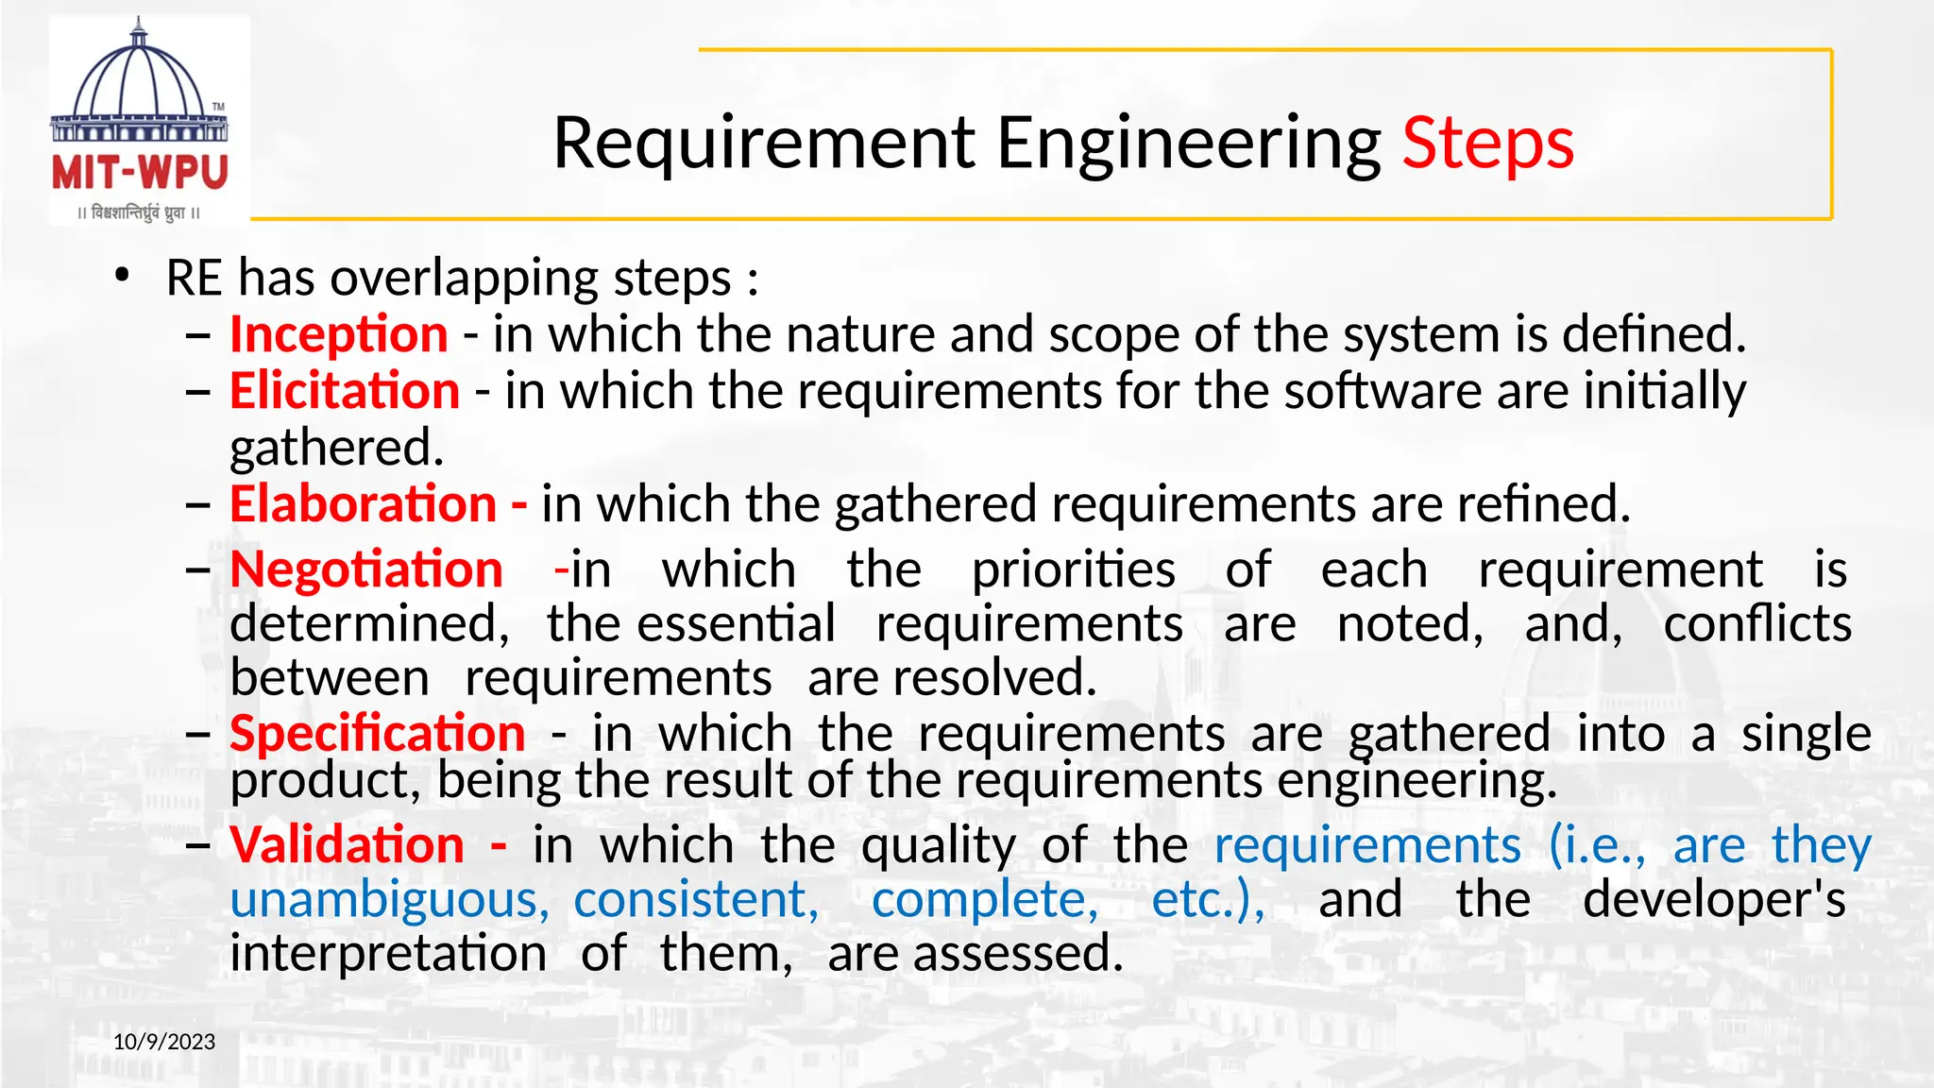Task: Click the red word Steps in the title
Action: point(1487,144)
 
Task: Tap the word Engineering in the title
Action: point(1189,144)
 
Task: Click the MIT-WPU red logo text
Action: point(140,173)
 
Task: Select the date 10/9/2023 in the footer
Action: point(164,1042)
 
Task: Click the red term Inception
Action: point(339,334)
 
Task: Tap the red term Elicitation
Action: point(345,391)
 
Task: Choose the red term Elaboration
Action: point(364,503)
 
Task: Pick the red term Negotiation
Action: point(366,569)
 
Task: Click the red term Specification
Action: point(378,734)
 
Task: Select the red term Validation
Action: point(348,844)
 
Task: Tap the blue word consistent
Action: point(696,899)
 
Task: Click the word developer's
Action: point(1714,899)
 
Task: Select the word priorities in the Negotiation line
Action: point(1074,569)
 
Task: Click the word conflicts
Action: point(1757,624)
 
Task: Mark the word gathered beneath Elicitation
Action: point(336,448)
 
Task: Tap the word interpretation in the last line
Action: point(388,954)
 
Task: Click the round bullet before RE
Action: point(121,276)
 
